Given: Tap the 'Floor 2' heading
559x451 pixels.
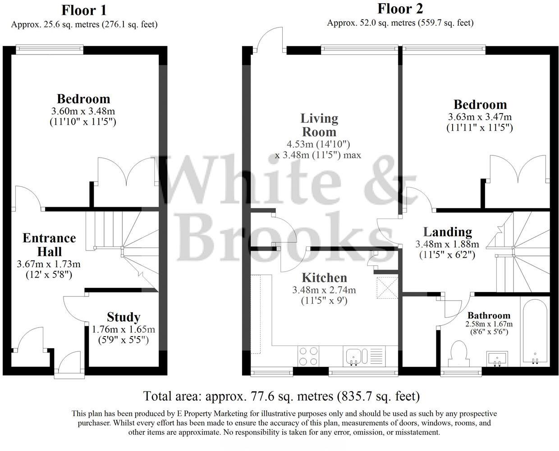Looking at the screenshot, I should [400, 9].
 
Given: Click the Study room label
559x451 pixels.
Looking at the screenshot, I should [124, 317].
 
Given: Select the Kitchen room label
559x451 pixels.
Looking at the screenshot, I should [324, 278].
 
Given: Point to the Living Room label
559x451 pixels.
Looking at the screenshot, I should [319, 125].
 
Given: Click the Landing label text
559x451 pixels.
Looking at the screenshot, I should [447, 232].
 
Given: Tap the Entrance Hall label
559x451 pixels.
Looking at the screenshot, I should [49, 244].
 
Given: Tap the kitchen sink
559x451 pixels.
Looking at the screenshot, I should [356, 355].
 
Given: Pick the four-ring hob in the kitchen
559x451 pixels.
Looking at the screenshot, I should [308, 355].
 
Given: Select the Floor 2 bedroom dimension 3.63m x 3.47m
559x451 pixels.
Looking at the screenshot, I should [480, 117].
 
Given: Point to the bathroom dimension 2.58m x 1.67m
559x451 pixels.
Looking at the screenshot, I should [489, 324].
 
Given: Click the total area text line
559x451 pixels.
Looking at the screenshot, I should [281, 396].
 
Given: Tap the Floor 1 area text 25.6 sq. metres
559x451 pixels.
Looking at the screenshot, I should [84, 24].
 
